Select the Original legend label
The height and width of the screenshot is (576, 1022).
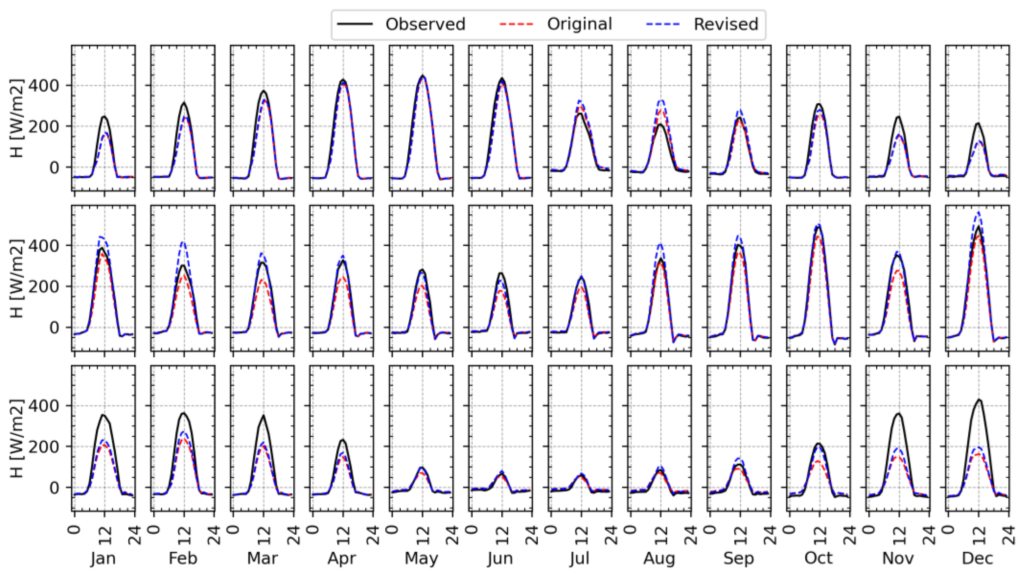579,25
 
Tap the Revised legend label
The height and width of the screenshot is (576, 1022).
726,25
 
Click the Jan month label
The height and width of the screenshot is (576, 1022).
103,558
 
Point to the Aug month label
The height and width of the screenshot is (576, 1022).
659,558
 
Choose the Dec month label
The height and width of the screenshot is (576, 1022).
978,558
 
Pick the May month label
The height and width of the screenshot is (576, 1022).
421,558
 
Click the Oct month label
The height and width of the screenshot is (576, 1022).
819,558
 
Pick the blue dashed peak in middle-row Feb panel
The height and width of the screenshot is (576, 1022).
183,242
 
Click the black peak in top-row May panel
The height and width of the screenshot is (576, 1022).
422,76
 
